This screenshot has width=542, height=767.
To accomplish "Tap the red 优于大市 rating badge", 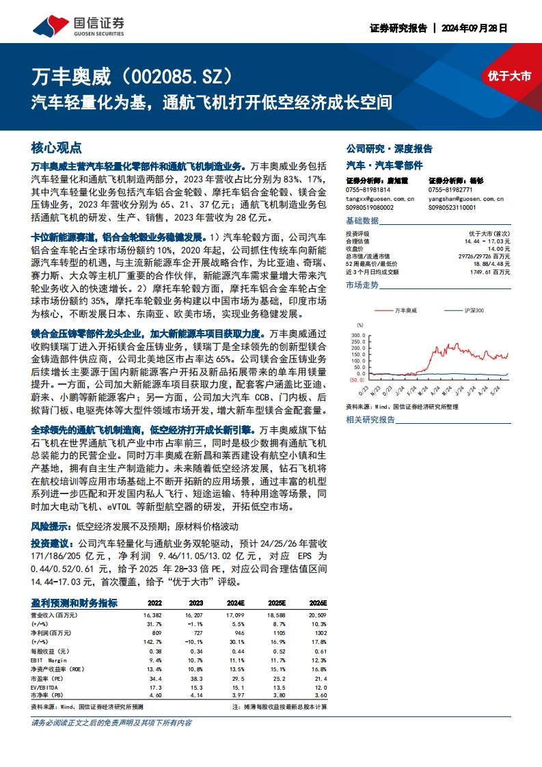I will [x=509, y=77].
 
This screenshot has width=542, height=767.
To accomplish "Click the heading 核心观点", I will [x=57, y=147].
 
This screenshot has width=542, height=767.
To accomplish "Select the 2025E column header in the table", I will [x=276, y=603].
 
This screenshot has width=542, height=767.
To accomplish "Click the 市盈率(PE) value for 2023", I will [x=195, y=677].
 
